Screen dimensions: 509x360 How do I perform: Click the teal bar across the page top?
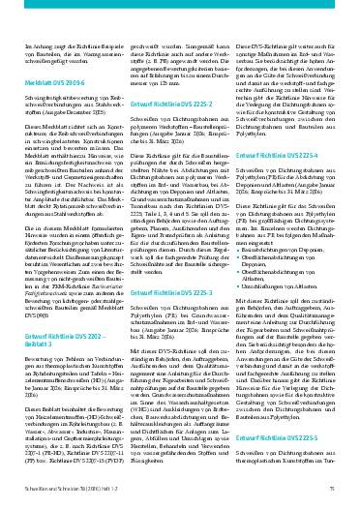(x=180, y=6)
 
